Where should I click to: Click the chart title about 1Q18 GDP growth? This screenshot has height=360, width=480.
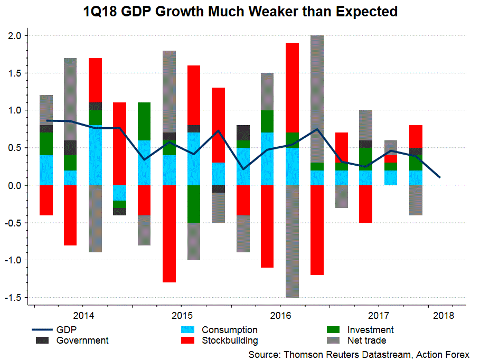240,11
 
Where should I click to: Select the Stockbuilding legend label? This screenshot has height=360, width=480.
230,340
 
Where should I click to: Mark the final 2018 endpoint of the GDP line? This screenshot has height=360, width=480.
440,177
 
